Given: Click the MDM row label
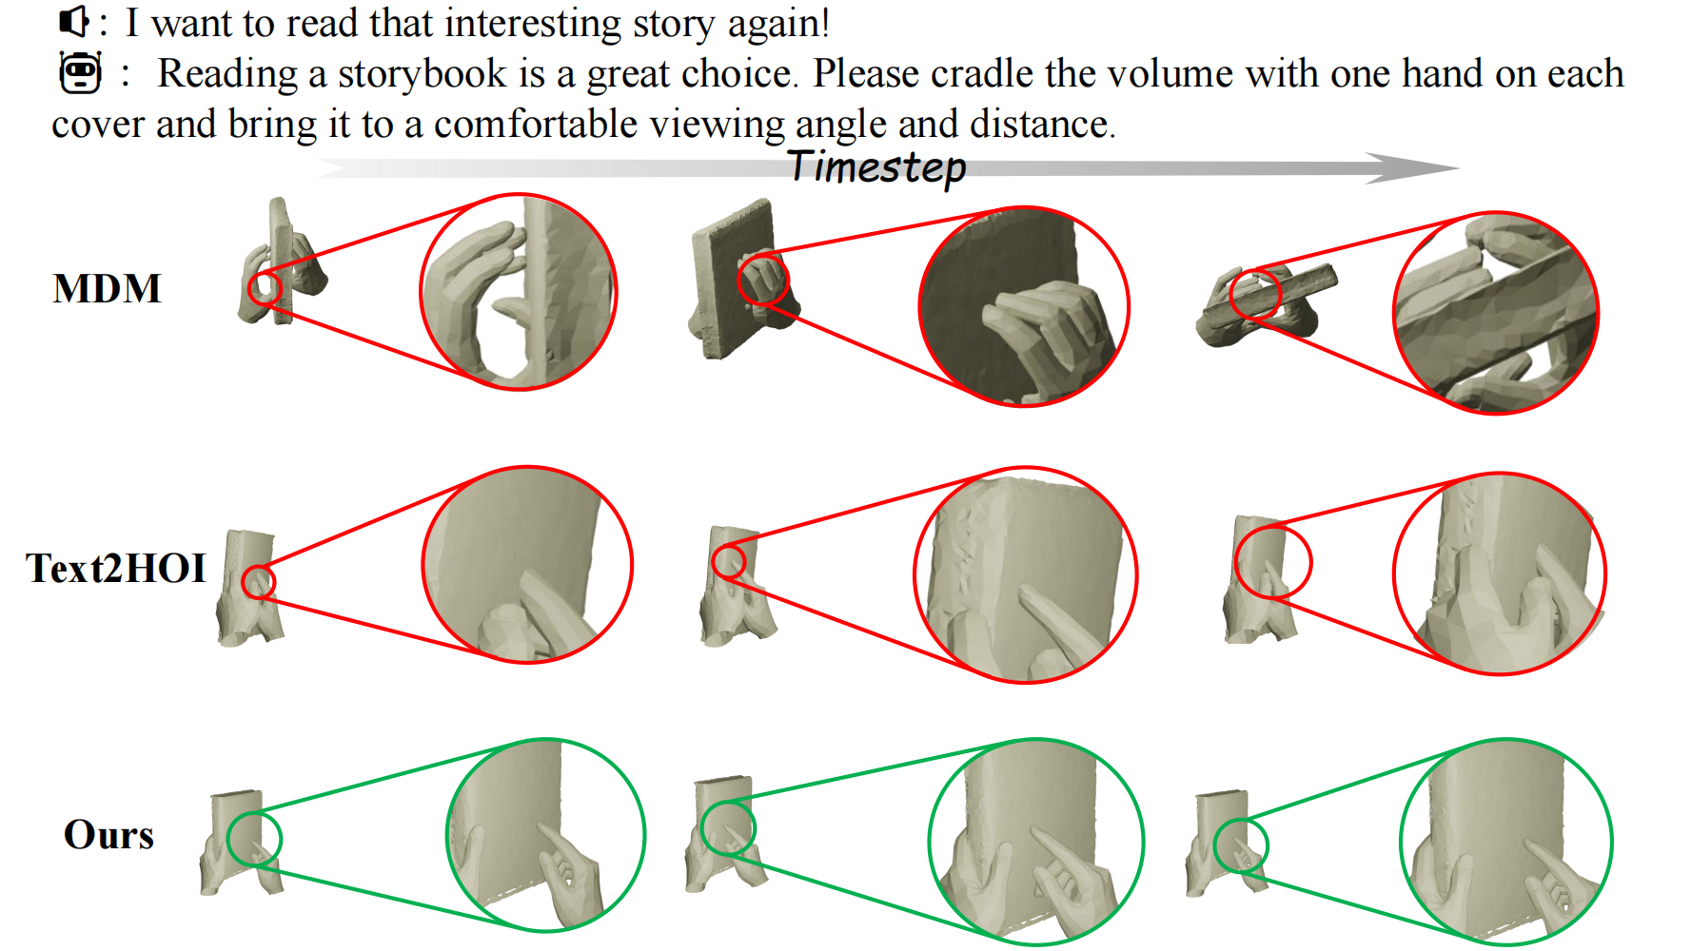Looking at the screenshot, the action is click(108, 288).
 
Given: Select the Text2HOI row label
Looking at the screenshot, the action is click(116, 568).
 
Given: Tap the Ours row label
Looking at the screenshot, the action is click(108, 834).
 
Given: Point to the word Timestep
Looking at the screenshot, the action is click(877, 167).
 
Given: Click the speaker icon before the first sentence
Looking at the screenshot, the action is click(73, 21).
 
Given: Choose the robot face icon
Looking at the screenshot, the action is click(80, 73).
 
